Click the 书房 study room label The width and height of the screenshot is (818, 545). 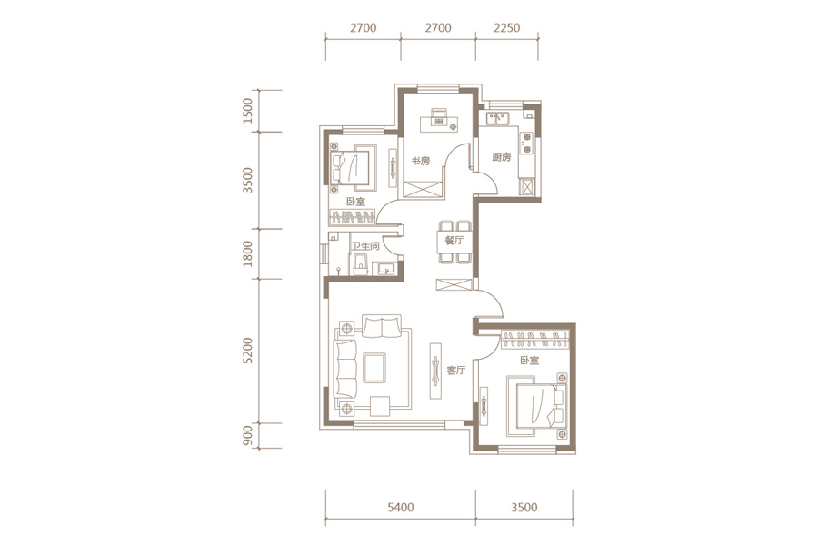[421, 161]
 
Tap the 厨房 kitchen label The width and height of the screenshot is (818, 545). [502, 156]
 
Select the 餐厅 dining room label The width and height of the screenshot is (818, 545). [454, 241]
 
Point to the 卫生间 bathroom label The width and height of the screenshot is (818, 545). [365, 245]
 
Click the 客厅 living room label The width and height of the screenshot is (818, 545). [455, 371]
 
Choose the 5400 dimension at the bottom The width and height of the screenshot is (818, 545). [401, 507]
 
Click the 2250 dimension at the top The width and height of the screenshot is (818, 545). [506, 27]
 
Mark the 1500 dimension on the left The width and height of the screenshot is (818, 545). [248, 111]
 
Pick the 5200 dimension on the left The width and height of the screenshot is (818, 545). [248, 351]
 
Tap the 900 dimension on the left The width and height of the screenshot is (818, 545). [248, 436]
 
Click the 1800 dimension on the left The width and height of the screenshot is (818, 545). [248, 253]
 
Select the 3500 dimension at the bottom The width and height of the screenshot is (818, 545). [524, 507]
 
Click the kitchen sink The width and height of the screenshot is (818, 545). [497, 119]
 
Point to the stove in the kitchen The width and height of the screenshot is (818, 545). [527, 144]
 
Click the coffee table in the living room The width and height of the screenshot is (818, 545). [374, 368]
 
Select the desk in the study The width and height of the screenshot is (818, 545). [440, 124]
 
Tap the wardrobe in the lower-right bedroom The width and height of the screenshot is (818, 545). [534, 340]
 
